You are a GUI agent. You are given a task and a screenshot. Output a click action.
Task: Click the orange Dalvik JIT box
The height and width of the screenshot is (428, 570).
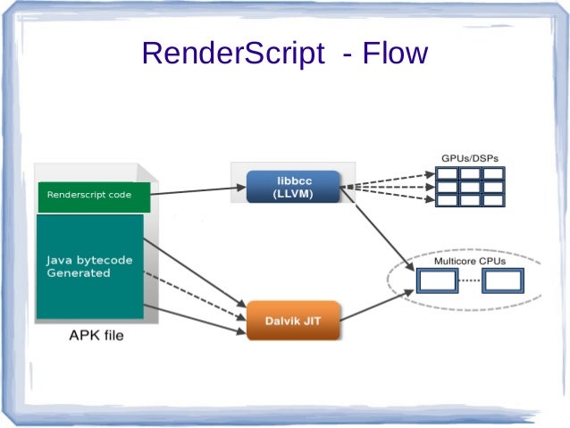(292, 320)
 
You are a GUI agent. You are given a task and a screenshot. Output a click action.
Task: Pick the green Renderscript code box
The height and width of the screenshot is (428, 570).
(94, 195)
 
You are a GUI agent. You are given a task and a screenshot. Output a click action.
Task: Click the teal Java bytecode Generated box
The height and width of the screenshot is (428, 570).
(89, 266)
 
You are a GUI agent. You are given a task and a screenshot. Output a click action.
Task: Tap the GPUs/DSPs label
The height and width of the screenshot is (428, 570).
(470, 158)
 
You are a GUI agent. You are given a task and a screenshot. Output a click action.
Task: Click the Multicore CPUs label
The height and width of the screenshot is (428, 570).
(470, 261)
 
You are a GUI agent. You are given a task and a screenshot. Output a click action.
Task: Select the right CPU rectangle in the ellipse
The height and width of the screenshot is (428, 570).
(501, 281)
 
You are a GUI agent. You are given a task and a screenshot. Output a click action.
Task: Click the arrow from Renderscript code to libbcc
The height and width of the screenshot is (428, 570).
(197, 190)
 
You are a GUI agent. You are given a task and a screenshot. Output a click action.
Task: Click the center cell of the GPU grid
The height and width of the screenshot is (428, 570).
(470, 188)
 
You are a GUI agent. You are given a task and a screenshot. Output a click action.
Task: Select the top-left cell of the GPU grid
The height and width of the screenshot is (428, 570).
(448, 173)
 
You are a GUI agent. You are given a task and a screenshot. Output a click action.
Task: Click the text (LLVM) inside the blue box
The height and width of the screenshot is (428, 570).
(292, 194)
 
